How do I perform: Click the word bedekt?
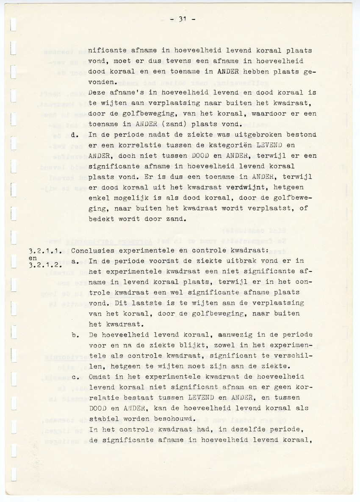(100, 219)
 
